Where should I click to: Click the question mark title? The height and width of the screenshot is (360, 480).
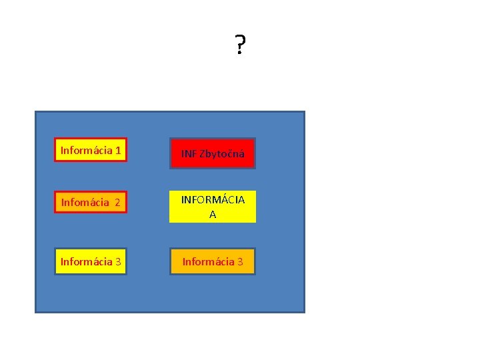(x=240, y=46)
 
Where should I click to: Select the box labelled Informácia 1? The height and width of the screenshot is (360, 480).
(x=91, y=151)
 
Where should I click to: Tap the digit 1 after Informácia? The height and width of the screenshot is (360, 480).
(x=117, y=151)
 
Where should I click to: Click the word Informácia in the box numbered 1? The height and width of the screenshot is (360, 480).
(x=86, y=151)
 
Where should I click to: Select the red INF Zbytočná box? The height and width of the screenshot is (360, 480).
(x=213, y=153)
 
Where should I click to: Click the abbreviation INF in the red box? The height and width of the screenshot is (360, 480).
(x=189, y=154)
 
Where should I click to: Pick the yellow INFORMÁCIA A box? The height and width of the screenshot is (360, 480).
(x=213, y=207)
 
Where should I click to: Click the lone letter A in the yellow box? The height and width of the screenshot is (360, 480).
(x=213, y=215)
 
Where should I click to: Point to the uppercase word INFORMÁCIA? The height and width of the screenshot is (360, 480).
(x=213, y=199)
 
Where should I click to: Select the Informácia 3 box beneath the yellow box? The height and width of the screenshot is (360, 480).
(x=213, y=261)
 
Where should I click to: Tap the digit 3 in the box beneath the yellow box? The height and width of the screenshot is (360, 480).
(x=241, y=261)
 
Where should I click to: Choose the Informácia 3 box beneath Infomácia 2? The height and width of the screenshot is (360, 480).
(x=91, y=261)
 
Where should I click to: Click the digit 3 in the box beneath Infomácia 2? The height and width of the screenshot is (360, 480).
(x=118, y=261)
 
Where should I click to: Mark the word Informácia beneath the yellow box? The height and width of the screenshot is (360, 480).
(x=208, y=261)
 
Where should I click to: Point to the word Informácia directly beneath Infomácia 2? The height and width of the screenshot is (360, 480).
(x=86, y=261)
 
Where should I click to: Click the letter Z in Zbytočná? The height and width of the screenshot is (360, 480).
(x=203, y=154)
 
